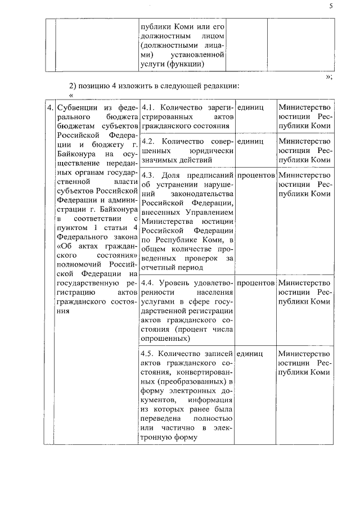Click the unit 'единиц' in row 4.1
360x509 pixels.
250,107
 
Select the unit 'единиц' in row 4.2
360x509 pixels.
250,141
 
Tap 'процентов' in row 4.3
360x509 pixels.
256,175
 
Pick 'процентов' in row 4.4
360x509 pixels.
256,282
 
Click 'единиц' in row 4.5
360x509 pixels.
250,353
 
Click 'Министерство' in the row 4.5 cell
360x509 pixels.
304,353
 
